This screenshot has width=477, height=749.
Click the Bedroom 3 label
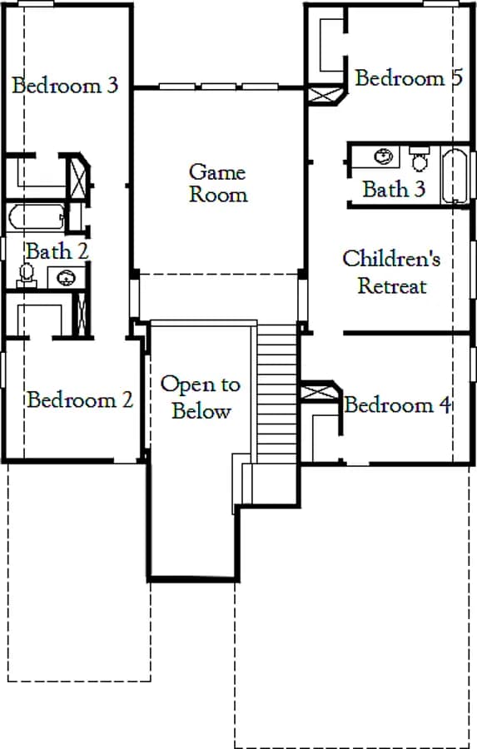pos(65,85)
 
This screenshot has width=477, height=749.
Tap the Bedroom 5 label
pos(409,78)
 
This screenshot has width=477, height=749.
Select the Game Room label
pos(218,183)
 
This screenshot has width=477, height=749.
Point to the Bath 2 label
pos(57,251)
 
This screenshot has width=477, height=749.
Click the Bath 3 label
pos(394,189)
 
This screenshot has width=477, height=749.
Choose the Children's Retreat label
pos(391,272)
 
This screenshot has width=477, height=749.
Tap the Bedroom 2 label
pos(80,399)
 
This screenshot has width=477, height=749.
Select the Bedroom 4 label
pos(398,404)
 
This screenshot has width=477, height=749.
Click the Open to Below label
pos(201,398)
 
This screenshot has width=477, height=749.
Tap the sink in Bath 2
pos(66,277)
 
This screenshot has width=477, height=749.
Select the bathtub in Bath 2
pos(37,217)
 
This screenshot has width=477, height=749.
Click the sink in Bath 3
pos(384,156)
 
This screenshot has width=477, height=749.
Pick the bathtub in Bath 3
pos(455,176)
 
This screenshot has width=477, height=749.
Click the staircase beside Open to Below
pos(277,394)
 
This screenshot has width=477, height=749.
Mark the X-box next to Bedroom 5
pos(324,95)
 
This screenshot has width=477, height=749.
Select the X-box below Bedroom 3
pos(78,176)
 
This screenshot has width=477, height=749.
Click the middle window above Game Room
pos(218,87)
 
